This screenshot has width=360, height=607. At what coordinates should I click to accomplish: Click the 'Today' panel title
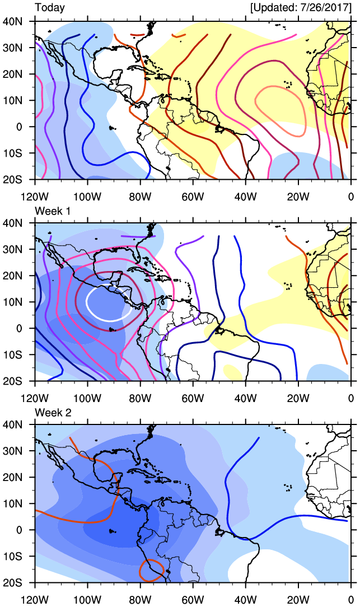pyautogui.click(x=50, y=8)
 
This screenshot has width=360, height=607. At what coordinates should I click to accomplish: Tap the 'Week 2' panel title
pyautogui.click(x=53, y=412)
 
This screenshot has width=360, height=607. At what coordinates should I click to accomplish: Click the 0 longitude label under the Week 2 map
pyautogui.click(x=350, y=600)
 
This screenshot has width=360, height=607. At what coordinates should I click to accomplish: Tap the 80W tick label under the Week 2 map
pyautogui.click(x=140, y=600)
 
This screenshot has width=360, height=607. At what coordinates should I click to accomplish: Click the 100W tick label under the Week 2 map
pyautogui.click(x=87, y=600)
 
